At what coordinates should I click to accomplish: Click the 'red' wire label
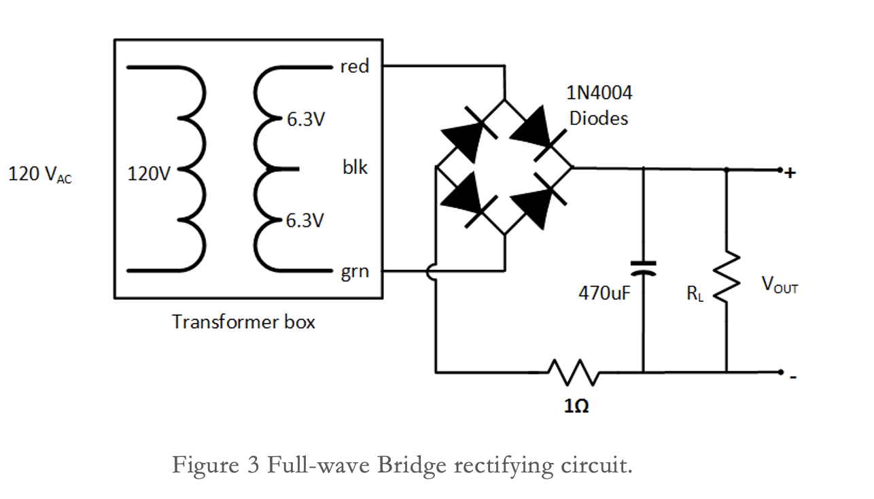coord(355,67)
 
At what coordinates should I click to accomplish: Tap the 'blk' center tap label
coord(355,167)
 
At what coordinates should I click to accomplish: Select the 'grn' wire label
coord(355,273)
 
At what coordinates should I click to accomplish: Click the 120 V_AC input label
coord(39,175)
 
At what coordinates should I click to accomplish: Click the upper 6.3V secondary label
coord(305,120)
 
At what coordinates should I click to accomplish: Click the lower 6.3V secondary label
coord(305,221)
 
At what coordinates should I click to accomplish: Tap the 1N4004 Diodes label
coord(599,105)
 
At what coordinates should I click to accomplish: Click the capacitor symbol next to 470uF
coord(642,268)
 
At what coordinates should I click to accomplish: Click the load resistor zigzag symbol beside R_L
coord(727,276)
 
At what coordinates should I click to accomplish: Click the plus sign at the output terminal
coord(789,173)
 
